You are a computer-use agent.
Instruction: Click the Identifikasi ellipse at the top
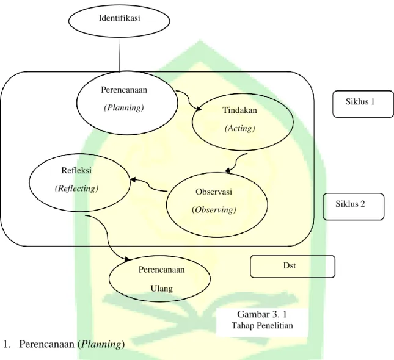(x=119, y=20)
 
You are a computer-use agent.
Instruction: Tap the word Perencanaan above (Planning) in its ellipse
(x=124, y=90)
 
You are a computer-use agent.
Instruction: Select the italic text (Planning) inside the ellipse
(x=124, y=108)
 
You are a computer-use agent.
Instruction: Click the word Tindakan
(x=239, y=110)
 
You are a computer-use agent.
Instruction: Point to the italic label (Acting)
(x=239, y=128)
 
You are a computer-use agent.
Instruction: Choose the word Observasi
(x=214, y=192)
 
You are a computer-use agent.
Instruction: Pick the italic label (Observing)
(x=214, y=209)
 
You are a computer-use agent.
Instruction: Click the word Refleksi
(x=76, y=170)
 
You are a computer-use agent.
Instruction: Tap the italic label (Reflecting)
(x=76, y=189)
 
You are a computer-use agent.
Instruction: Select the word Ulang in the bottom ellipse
(x=161, y=288)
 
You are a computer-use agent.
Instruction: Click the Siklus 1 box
(x=363, y=104)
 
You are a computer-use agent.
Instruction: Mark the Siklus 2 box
(x=353, y=207)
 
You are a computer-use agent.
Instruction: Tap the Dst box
(x=293, y=267)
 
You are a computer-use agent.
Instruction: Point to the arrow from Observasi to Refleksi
(x=150, y=186)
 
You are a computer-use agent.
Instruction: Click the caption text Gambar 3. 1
(x=262, y=314)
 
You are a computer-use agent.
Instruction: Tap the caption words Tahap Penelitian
(x=262, y=326)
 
